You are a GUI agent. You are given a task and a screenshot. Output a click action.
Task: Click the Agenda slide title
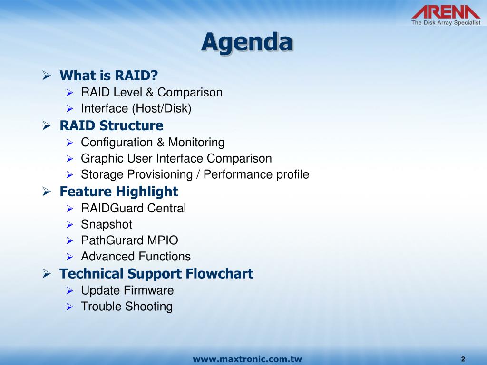pyautogui.click(x=247, y=42)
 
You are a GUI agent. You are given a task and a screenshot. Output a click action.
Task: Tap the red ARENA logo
pyautogui.click(x=446, y=12)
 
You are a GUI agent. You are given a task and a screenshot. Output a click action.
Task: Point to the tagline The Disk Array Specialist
pyautogui.click(x=446, y=23)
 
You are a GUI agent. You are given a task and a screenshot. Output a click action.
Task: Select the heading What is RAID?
pyautogui.click(x=109, y=76)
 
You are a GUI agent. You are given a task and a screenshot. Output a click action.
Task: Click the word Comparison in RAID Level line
pyautogui.click(x=190, y=92)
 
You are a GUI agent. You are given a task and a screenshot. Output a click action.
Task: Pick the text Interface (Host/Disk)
pyautogui.click(x=136, y=108)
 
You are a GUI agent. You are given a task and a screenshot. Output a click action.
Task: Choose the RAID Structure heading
pyautogui.click(x=111, y=125)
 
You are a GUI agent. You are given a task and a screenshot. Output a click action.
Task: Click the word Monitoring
pyautogui.click(x=196, y=143)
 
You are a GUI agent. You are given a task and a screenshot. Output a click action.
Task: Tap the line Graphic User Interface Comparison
pyautogui.click(x=176, y=158)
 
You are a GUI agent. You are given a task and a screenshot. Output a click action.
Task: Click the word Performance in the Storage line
pyautogui.click(x=238, y=174)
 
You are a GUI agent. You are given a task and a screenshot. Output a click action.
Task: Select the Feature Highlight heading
pyautogui.click(x=119, y=192)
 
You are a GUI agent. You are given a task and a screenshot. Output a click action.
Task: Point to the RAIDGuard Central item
pyautogui.click(x=134, y=208)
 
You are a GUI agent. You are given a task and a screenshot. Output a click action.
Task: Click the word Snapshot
pyautogui.click(x=107, y=225)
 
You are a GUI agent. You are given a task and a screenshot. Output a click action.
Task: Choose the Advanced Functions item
pyautogui.click(x=136, y=256)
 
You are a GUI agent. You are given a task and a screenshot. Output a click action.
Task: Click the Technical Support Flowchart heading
pyautogui.click(x=156, y=274)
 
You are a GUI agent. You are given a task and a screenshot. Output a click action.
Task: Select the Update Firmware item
pyautogui.click(x=127, y=290)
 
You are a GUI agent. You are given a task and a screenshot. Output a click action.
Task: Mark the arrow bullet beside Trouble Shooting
pyautogui.click(x=69, y=307)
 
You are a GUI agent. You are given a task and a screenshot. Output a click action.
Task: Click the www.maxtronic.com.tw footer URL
pyautogui.click(x=247, y=359)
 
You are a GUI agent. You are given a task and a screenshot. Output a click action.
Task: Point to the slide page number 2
pyautogui.click(x=463, y=359)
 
